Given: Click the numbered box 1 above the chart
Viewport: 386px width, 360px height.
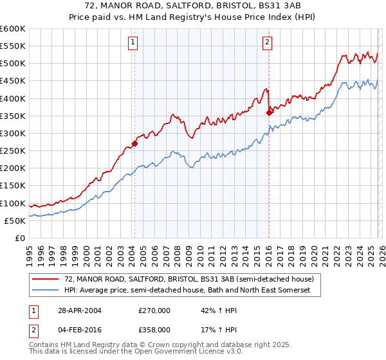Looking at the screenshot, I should click(133, 43).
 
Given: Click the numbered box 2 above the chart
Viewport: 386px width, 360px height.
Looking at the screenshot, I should click(267, 43).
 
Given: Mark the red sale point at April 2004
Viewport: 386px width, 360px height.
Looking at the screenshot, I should click(134, 143).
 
